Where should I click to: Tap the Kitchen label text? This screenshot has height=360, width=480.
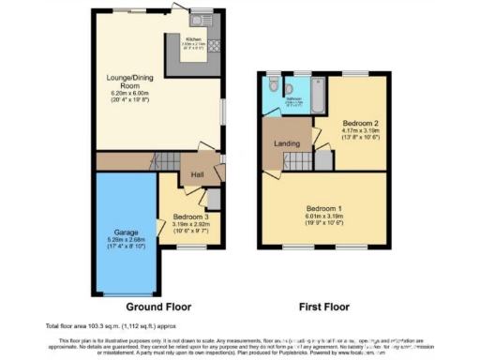coord(194,38)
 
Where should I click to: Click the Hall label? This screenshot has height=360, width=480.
coord(198,175)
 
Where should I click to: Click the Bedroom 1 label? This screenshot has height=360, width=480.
coord(323,209)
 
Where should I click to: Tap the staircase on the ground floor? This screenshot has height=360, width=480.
coord(166,160)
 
